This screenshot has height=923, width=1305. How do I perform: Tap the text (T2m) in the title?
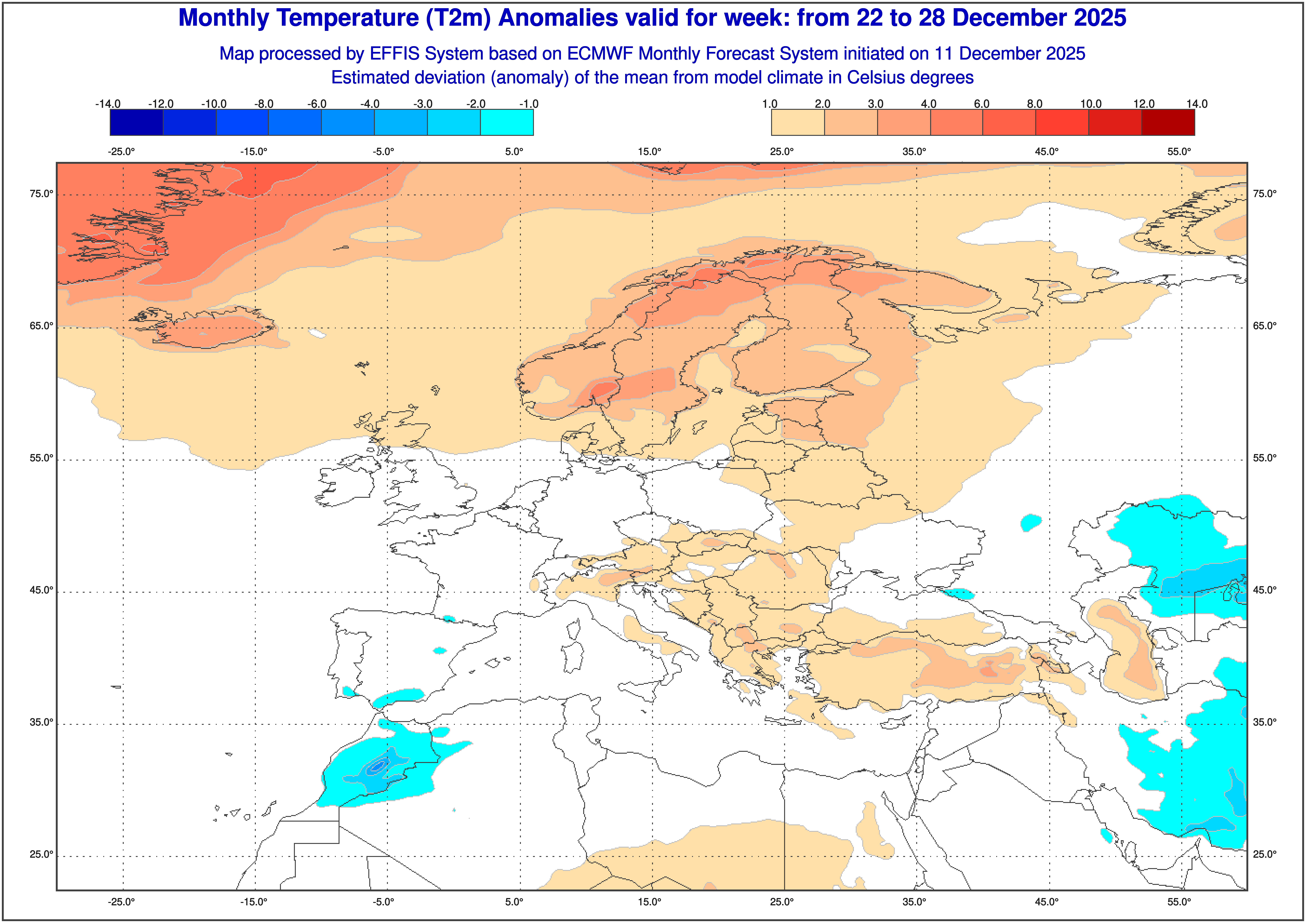[x=458, y=18]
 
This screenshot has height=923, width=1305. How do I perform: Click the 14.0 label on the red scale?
[x=1196, y=104]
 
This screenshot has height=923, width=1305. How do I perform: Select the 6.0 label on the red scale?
[x=982, y=104]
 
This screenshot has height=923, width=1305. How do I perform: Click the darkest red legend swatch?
[x=1168, y=122]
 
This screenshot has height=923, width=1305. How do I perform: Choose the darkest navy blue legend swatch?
[x=136, y=122]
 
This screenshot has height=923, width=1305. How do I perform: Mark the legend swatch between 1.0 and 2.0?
[x=798, y=122]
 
